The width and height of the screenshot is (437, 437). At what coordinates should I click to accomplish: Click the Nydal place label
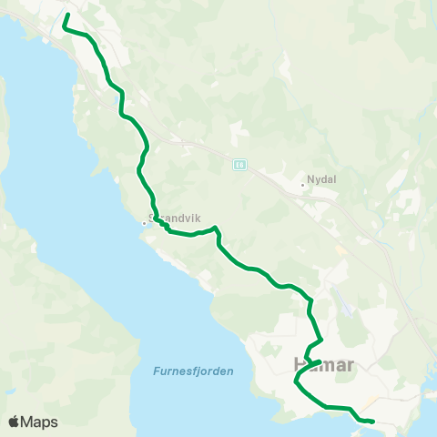click(322, 179)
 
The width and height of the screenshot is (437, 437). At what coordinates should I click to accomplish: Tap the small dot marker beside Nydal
click(303, 185)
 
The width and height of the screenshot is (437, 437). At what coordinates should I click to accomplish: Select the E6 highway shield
click(239, 165)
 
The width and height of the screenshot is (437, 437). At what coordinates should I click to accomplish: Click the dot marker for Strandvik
click(143, 222)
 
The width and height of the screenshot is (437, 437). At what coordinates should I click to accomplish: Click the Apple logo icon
click(15, 422)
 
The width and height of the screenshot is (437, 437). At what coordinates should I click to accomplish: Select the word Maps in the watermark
click(40, 422)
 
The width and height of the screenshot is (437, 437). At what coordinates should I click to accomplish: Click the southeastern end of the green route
click(373, 421)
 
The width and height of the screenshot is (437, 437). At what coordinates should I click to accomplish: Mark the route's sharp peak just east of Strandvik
click(215, 228)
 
